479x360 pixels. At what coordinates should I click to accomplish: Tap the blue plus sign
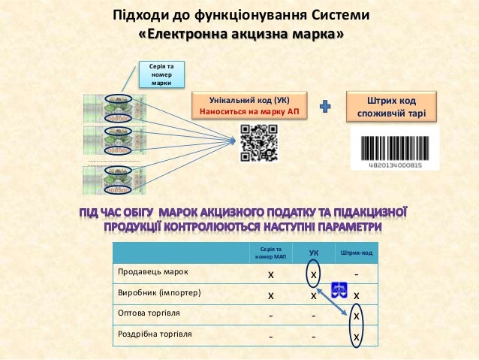click(326, 107)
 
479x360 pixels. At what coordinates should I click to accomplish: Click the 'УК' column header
click(314, 253)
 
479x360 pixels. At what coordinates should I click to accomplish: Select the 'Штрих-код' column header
click(356, 253)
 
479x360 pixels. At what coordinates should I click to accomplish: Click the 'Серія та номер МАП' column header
click(271, 253)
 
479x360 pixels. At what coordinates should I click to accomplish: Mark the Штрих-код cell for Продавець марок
click(356, 272)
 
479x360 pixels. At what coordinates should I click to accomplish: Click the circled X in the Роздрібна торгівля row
click(357, 337)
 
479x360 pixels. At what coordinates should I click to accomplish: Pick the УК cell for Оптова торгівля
click(314, 315)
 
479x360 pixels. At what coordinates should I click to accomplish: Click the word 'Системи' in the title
click(340, 15)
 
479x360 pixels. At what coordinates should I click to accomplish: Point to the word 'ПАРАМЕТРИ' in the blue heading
click(342, 226)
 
